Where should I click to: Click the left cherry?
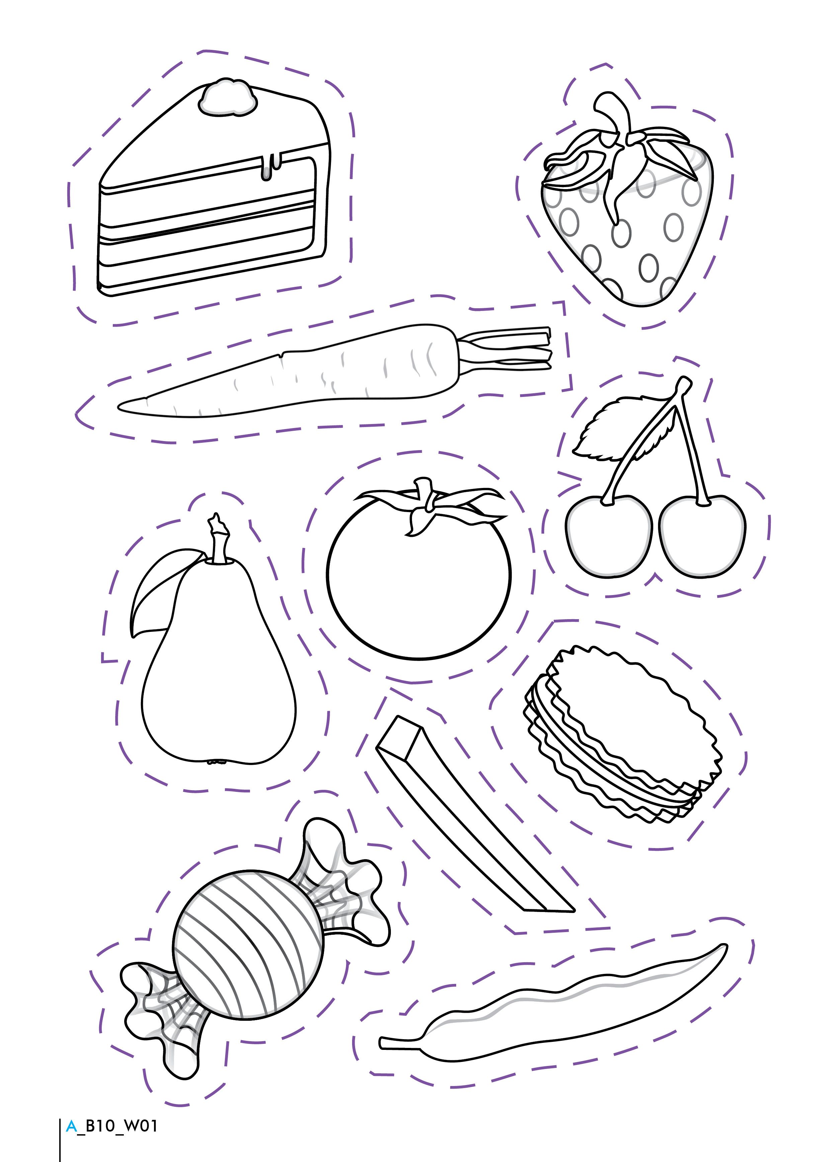609,536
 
